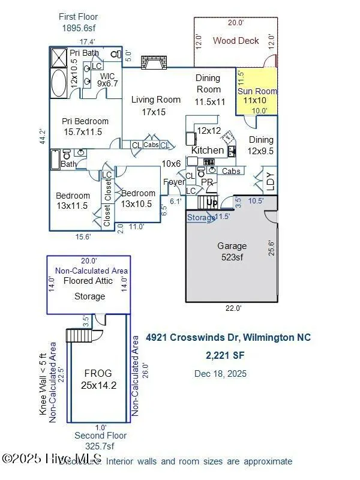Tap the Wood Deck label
pos(236,41)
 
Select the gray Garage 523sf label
pos(232,251)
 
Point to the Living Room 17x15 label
pos(155,106)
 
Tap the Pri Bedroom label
pos(85,127)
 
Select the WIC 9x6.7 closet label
pos(108,80)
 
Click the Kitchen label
pos(208,150)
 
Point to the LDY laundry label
pos(269,182)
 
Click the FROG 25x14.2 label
pos(97,379)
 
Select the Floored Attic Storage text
pos(89,288)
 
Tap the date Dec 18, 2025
pos(220,374)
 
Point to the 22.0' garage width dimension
pos(233,308)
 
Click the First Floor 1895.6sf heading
pos(79,22)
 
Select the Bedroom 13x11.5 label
pos(73,200)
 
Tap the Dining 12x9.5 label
pos(261,145)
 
